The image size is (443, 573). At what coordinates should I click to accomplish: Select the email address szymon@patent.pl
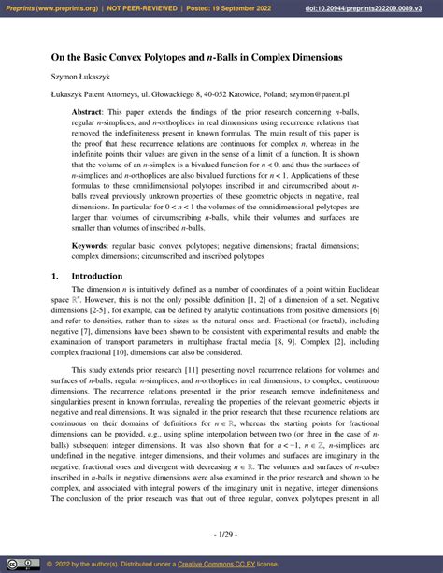317,95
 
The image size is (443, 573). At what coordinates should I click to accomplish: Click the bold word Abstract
90,111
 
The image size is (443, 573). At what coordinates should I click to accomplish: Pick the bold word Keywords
93,244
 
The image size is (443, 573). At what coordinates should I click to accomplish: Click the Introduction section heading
96,277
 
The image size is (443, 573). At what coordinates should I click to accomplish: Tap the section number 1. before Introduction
55,277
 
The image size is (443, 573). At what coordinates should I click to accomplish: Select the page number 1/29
221,533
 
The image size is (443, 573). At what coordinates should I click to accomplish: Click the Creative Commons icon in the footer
18,564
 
